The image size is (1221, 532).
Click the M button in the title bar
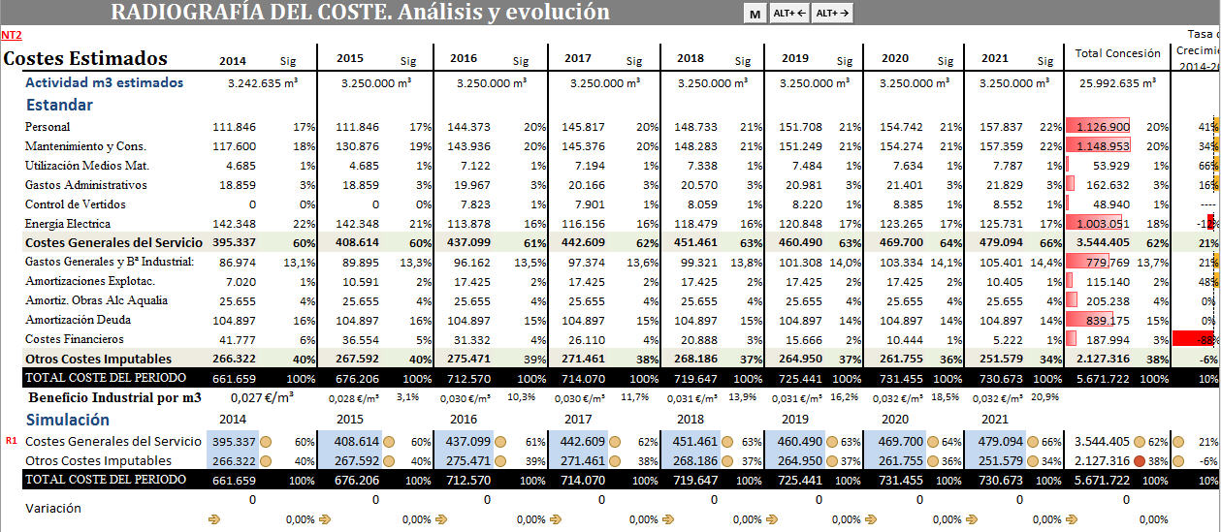pyautogui.click(x=755, y=14)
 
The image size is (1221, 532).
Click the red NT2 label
pyautogui.click(x=11, y=35)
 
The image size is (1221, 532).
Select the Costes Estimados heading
pyautogui.click(x=85, y=58)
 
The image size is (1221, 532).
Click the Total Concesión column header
pyautogui.click(x=1117, y=53)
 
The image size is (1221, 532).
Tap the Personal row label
pyautogui.click(x=48, y=127)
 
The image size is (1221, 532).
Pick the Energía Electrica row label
pyautogui.click(x=67, y=224)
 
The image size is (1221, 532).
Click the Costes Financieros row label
pyautogui.click(x=74, y=339)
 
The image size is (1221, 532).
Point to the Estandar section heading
pyautogui.click(x=59, y=105)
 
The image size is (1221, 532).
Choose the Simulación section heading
pyautogui.click(x=67, y=420)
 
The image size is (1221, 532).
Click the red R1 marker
pyautogui.click(x=11, y=441)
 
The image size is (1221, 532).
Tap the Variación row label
pyautogui.click(x=53, y=508)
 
